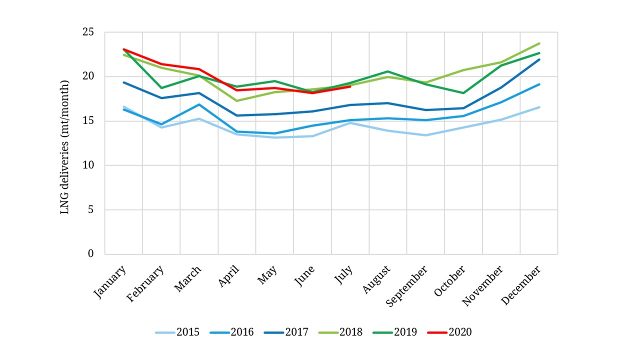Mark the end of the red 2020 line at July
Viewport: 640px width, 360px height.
coord(350,86)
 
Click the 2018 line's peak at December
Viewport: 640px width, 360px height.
coord(539,43)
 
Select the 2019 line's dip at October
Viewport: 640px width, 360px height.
coord(463,93)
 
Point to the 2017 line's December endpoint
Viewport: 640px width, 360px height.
coord(539,59)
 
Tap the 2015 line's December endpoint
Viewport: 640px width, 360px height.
coord(539,107)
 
